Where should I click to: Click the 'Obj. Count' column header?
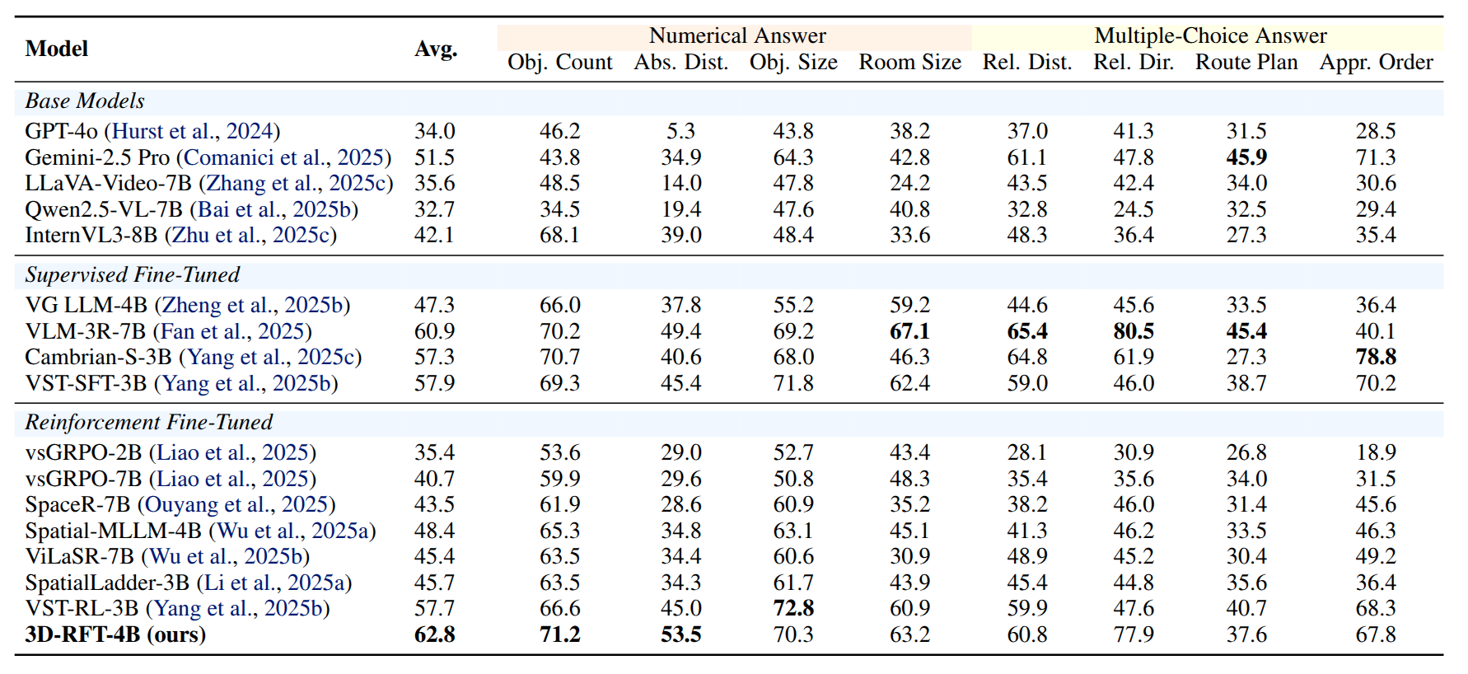(559, 63)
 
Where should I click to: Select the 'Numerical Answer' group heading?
(736, 36)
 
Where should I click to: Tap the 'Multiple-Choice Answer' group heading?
(1209, 36)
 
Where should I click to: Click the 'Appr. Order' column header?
(1376, 63)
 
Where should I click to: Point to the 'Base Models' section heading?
(85, 101)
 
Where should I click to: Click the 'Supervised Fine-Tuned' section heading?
(133, 275)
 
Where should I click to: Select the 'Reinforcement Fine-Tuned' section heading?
(149, 423)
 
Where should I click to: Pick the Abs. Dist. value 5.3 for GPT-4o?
(680, 131)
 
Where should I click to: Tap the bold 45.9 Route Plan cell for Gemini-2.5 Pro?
(1246, 157)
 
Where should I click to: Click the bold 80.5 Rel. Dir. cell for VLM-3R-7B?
(1133, 331)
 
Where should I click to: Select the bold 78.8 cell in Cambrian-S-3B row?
(1375, 357)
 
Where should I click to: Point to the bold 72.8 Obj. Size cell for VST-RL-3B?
(792, 608)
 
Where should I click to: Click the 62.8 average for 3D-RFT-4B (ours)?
(434, 634)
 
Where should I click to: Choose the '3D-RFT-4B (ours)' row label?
(115, 634)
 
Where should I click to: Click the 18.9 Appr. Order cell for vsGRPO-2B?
(1375, 452)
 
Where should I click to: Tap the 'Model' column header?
(56, 49)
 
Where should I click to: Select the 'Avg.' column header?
(435, 49)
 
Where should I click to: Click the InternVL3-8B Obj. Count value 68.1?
(559, 235)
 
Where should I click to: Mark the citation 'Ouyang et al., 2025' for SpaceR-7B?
(236, 504)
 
